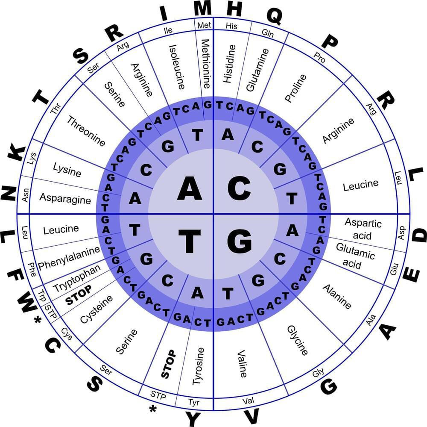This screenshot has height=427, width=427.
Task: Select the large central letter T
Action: [190, 241]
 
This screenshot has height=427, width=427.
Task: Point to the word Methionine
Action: [206, 64]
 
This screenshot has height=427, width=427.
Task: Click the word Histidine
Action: [229, 64]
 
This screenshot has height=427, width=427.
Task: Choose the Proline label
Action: [295, 88]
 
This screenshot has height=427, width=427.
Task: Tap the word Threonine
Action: [86, 131]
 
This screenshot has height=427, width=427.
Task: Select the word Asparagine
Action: [65, 198]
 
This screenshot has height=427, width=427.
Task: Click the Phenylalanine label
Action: [69, 258]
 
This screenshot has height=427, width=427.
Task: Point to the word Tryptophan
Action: [76, 278]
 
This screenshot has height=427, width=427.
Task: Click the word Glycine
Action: [297, 340]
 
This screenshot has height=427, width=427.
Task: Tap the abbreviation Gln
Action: [267, 33]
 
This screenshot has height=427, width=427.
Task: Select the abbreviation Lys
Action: [32, 159]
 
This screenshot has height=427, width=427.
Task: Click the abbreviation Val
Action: [248, 400]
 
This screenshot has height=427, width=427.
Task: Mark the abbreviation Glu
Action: [394, 269]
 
